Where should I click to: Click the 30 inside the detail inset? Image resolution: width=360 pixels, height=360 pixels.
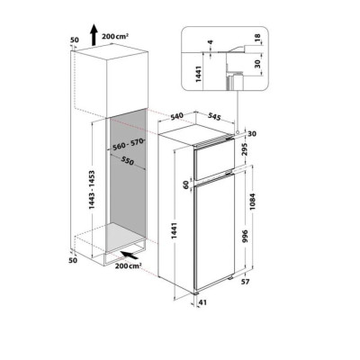tap(260, 63)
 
